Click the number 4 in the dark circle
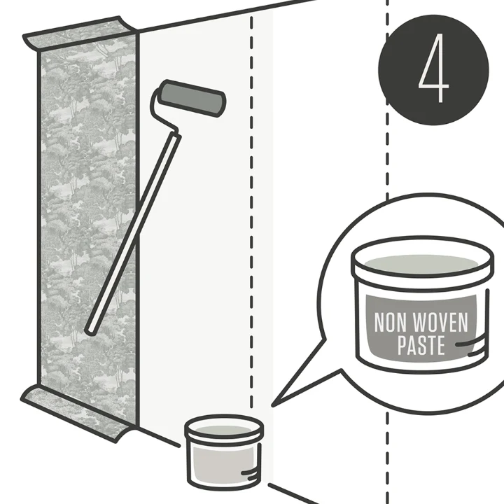pyautogui.click(x=433, y=69)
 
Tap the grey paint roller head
pyautogui.click(x=192, y=98)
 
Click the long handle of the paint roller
pyautogui.click(x=133, y=233)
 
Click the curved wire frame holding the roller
pyautogui.click(x=164, y=111)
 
